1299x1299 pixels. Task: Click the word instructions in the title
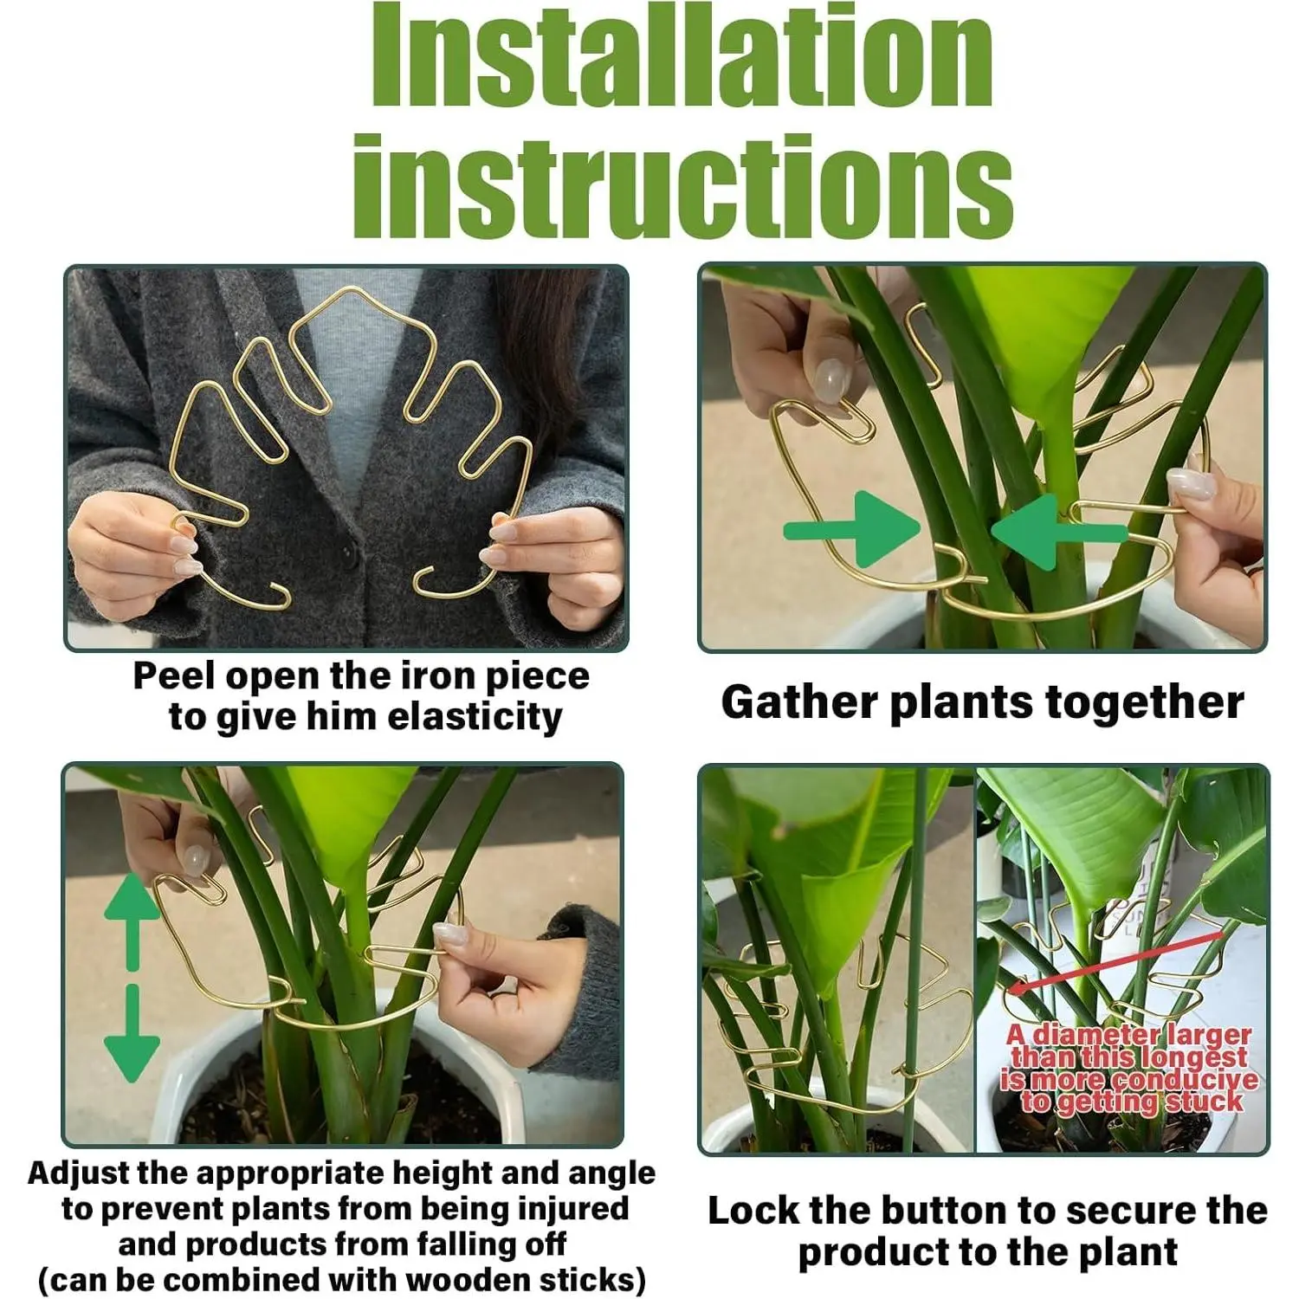point(682,185)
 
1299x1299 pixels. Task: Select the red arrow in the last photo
point(1117,961)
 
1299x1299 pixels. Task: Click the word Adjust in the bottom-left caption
point(77,1173)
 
